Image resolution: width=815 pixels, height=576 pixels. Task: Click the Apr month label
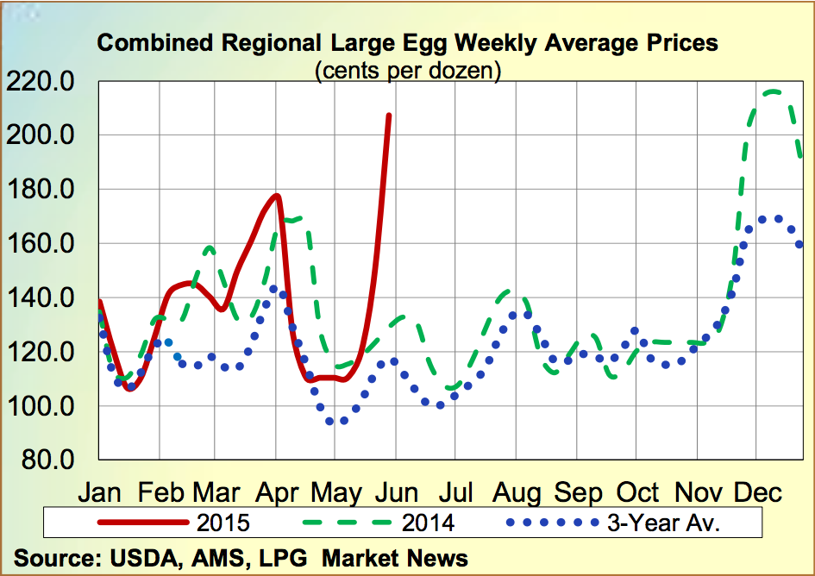277,492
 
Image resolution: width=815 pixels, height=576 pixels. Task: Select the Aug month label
517,492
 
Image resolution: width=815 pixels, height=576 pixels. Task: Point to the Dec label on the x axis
757,492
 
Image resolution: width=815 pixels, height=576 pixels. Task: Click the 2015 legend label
223,523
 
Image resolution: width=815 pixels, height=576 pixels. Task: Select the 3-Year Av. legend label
664,523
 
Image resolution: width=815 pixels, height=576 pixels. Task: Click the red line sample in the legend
143,523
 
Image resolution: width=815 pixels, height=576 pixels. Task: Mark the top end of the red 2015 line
388,116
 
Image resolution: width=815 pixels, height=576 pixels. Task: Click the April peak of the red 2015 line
276,196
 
